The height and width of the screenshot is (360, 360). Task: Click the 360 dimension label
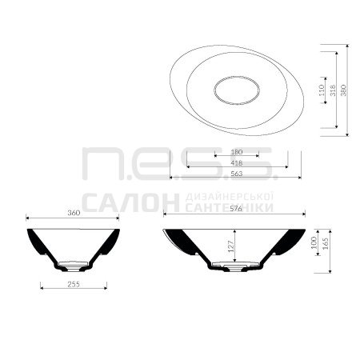74,213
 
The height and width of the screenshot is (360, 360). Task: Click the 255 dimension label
74,284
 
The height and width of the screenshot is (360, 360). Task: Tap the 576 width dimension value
236,209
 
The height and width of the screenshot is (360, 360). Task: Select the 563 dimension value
236,174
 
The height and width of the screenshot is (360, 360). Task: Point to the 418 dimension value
237,163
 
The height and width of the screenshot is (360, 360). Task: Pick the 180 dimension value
237,152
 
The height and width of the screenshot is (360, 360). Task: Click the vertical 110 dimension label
321,90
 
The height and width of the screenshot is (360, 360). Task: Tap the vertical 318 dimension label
332,90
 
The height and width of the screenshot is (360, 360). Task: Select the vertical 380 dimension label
343,90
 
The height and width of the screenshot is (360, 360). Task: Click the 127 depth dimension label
231,246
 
